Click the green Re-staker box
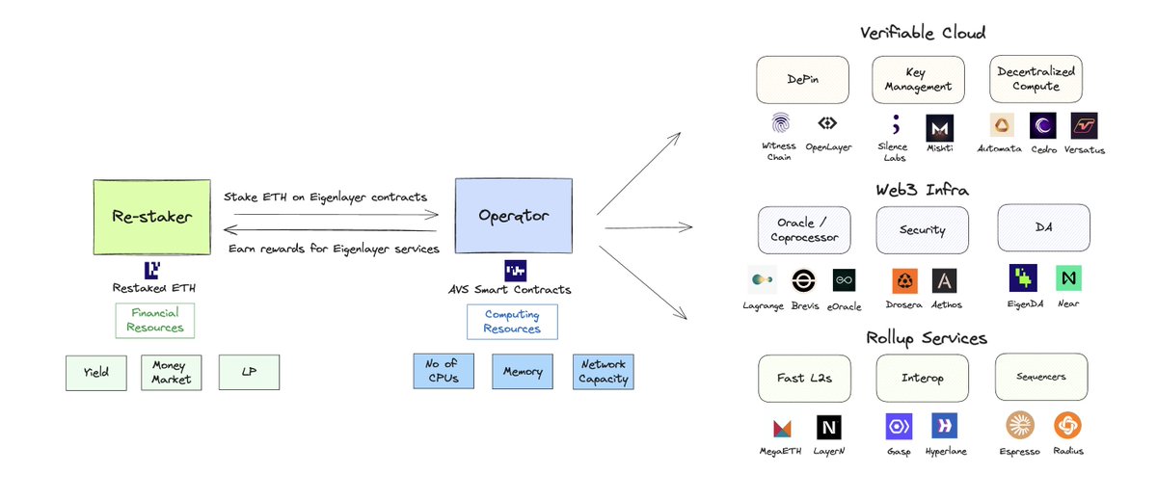point(151,216)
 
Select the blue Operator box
point(512,216)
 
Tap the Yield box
point(95,373)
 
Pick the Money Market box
point(172,373)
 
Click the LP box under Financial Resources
point(249,373)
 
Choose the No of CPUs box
point(444,371)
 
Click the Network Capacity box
point(603,371)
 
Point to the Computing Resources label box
point(512,322)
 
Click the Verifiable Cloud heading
point(923,33)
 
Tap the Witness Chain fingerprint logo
point(780,124)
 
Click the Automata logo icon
point(1002,126)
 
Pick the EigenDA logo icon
point(1023,278)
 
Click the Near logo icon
point(1068,278)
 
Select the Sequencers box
point(1041,377)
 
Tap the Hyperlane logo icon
point(944,426)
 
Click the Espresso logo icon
point(1020,425)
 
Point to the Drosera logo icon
point(904,280)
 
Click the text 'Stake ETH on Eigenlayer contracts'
point(325,197)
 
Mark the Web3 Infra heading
point(923,189)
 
